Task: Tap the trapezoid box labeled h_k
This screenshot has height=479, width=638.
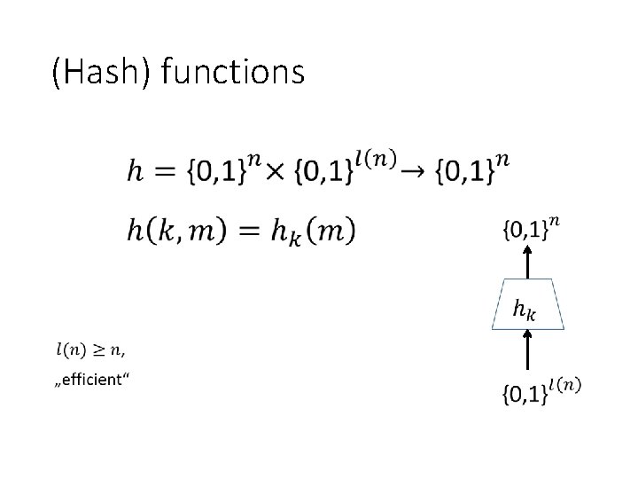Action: [528, 306]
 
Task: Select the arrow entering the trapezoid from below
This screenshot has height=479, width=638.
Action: [528, 349]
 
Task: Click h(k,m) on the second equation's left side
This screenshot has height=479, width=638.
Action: [175, 231]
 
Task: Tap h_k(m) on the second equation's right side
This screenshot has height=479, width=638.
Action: [308, 232]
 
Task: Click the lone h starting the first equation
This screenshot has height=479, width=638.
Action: [134, 172]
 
